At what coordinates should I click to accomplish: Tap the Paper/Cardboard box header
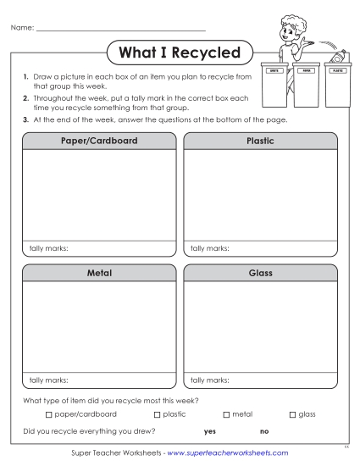tap(101, 141)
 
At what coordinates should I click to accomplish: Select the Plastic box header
tap(259, 141)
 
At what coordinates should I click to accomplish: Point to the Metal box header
tap(101, 274)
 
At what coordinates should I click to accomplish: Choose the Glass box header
tap(259, 274)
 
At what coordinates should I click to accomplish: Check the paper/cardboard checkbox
tap(48, 414)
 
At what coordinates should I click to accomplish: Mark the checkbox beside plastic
tap(157, 414)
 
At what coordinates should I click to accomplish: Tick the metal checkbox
tap(226, 414)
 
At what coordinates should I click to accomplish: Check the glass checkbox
tap(292, 414)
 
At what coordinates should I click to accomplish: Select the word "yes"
tap(210, 432)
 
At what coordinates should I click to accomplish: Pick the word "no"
tap(264, 432)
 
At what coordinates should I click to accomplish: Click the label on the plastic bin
tap(338, 72)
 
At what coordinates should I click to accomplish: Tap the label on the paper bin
tap(303, 72)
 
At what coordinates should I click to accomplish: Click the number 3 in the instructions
tap(25, 119)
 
